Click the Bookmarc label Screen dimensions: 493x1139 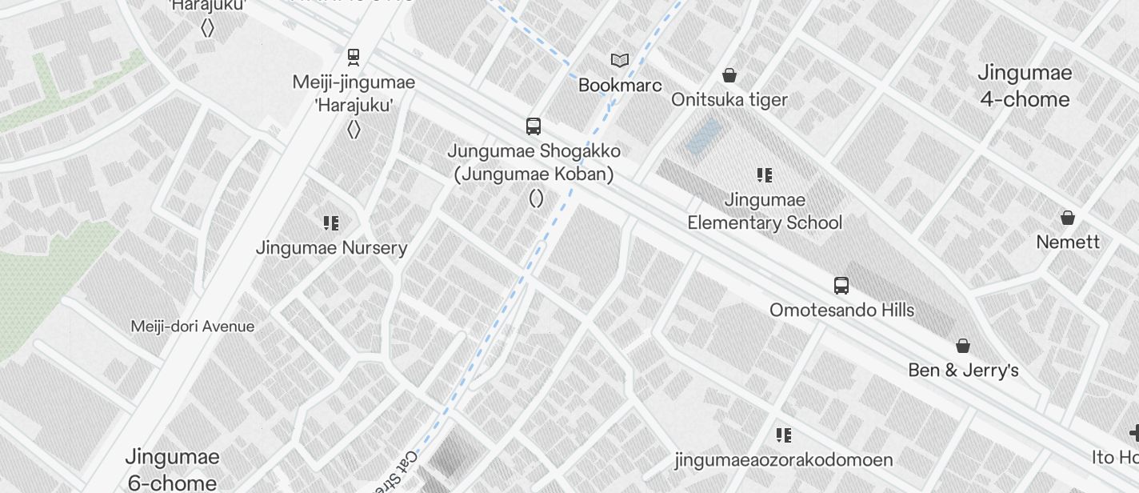pos(620,85)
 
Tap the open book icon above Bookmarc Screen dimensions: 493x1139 pos(620,60)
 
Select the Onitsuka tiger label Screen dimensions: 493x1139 pos(729,100)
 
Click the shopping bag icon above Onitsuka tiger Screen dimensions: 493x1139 pos(729,76)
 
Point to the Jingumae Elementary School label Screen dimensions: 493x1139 pos(765,211)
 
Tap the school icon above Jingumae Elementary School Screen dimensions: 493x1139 pos(765,175)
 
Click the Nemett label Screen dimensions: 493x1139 pos(1068,242)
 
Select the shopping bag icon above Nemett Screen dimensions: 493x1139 pos(1068,218)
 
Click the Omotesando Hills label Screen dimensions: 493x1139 pos(841,310)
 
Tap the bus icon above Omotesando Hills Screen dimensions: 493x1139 pos(841,286)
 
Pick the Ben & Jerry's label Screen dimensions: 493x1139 pos(963,371)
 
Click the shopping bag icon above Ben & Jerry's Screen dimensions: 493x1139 pos(963,347)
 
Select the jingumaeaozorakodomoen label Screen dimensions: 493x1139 pos(784,460)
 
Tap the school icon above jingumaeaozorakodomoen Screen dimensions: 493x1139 pos(784,435)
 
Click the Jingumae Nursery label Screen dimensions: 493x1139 pos(331,248)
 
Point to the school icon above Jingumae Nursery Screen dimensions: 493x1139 pos(331,223)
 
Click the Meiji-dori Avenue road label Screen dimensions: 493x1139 pos(193,327)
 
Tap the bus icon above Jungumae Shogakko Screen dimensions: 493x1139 pos(534,126)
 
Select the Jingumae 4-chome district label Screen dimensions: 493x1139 pos(1025,86)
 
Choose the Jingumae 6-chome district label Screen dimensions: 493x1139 pos(172,470)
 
